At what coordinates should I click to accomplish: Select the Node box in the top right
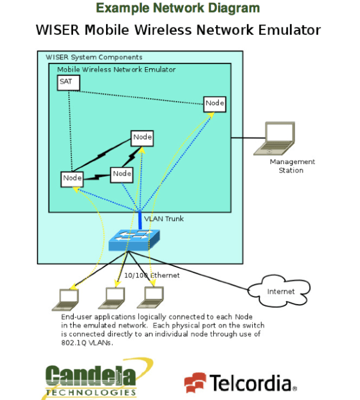coord(214,104)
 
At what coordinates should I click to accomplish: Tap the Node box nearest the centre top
coord(143,138)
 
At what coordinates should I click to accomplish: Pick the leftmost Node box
coord(72,178)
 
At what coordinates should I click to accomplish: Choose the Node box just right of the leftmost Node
coord(122,174)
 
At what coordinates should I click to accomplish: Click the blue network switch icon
coord(134,240)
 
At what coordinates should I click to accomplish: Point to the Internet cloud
coord(280,291)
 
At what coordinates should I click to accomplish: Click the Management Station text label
coord(292,166)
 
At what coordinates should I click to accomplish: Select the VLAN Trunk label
coord(164,219)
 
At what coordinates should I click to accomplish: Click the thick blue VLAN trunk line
coord(140,219)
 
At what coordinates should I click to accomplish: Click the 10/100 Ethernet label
coord(152,275)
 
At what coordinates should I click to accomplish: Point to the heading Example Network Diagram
coord(178,8)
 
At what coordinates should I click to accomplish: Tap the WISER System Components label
coord(94,57)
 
